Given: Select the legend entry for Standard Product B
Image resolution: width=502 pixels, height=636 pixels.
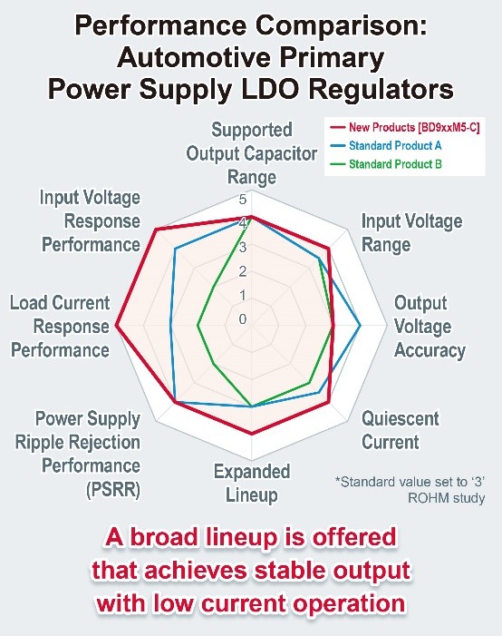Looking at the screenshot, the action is point(387,164).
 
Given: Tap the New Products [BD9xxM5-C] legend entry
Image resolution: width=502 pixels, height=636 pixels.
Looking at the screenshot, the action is point(405,127).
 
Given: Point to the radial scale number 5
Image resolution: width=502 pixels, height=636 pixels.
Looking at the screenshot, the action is point(243,200).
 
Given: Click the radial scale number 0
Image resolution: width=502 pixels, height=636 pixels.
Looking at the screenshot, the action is point(243,319).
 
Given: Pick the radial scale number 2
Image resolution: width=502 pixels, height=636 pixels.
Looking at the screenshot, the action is point(243,271).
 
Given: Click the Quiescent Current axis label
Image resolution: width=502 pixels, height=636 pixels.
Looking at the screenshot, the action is point(401,430).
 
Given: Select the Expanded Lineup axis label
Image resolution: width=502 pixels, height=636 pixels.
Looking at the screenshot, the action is point(252,483).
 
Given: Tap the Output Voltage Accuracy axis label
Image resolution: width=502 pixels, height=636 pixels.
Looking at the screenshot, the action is point(430,327).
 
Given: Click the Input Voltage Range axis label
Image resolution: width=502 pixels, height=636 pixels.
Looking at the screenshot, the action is point(411,233).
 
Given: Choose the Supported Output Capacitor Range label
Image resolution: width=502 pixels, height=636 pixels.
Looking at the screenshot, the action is point(252,153).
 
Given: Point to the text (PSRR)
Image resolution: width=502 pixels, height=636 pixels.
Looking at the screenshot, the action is point(113,489).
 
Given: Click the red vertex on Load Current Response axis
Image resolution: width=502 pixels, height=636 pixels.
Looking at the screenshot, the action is point(116,326).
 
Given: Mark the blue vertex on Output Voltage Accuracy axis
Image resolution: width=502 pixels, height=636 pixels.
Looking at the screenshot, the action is point(361,326).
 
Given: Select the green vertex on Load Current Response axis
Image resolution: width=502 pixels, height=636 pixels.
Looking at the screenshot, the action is point(198,326).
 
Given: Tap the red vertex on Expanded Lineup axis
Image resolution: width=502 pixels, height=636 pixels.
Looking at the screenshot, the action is point(252,434).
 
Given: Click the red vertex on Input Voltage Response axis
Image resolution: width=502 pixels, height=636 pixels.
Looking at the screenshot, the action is point(156,230).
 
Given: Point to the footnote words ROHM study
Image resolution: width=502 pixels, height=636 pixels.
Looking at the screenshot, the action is point(446,498).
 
